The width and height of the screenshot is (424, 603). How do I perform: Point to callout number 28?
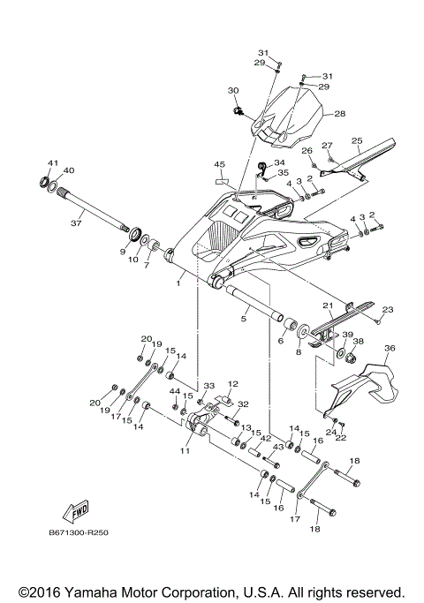[x=339, y=114]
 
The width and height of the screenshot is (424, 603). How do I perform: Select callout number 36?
[x=390, y=349]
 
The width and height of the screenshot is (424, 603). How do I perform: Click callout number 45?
[x=220, y=164]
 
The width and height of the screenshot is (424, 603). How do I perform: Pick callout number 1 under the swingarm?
[x=178, y=283]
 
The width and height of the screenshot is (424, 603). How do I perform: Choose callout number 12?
[x=233, y=384]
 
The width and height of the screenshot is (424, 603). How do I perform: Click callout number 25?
[x=357, y=140]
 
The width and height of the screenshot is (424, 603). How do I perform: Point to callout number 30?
[x=233, y=91]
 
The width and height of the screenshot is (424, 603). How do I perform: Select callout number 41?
[x=52, y=163]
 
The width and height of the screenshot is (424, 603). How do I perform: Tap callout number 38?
[x=359, y=341]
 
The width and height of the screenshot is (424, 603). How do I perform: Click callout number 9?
[x=123, y=252]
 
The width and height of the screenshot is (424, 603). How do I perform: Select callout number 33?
[x=209, y=386]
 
